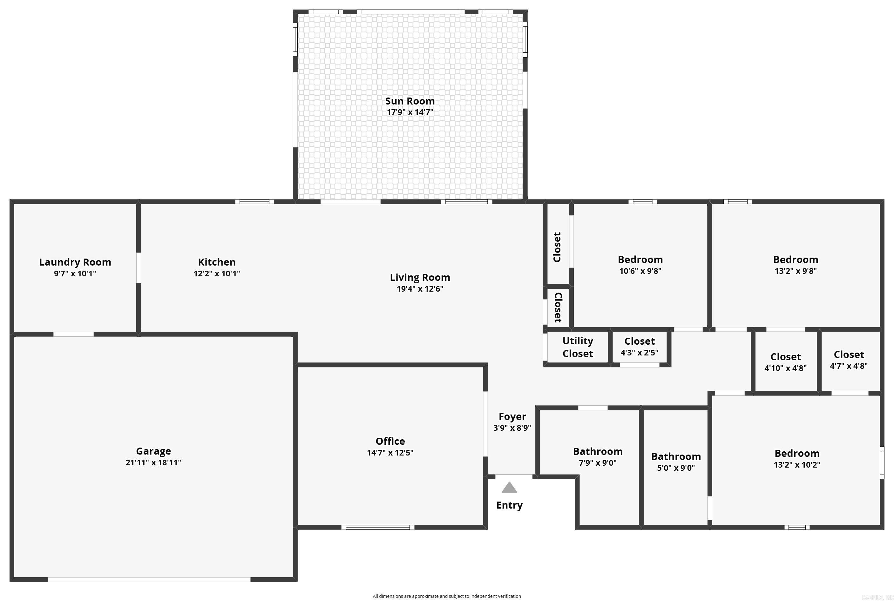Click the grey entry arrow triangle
509,488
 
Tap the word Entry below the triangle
509,505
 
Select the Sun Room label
410,101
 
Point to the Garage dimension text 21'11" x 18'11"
153,463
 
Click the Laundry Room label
75,262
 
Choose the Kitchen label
217,262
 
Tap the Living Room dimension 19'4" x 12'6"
420,289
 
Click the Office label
390,441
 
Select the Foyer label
512,417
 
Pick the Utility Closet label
577,347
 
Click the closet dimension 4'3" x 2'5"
640,353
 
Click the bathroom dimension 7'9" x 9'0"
598,463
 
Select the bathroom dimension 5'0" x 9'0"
676,468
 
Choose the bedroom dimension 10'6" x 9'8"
640,271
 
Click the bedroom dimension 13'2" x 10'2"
797,464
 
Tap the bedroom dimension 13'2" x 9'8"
796,271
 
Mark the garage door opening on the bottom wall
149,579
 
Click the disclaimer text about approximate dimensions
447,596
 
